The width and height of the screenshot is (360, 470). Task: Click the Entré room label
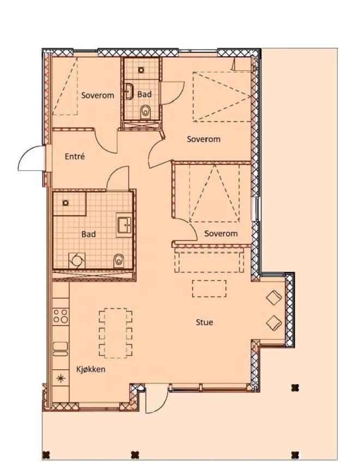point(75,156)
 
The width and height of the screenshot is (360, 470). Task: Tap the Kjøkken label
point(91,369)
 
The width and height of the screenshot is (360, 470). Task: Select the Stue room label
point(204,322)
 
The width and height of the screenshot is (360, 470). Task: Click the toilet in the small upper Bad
point(145,112)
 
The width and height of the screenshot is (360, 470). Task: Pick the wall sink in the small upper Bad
point(129,91)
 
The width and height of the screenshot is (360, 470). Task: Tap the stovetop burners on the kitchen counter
point(60,316)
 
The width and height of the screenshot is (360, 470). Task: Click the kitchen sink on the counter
point(60,349)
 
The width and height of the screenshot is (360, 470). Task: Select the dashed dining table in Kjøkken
point(115,333)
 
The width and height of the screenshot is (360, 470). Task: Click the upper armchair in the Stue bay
point(274,298)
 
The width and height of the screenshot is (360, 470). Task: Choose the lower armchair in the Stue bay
point(274,323)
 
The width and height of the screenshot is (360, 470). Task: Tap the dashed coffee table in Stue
point(209,288)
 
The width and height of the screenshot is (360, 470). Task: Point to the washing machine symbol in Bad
point(77,260)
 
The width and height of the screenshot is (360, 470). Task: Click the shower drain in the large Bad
point(65,203)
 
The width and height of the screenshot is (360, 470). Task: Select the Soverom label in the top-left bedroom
point(97,95)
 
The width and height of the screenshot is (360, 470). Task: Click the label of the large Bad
point(89,234)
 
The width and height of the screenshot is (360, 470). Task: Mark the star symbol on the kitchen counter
point(61,379)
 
